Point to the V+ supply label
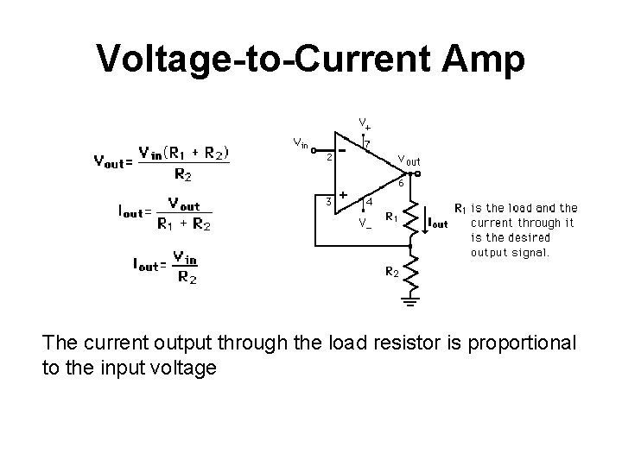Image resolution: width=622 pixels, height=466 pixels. click(365, 126)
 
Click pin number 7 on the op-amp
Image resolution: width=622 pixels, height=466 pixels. click(368, 142)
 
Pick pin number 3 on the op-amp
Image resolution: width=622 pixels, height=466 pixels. click(327, 201)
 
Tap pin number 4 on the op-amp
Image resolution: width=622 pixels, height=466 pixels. click(370, 202)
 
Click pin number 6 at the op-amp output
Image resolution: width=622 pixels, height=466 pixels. click(400, 182)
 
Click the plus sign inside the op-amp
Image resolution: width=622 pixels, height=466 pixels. click(343, 195)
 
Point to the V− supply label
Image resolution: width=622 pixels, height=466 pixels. click(365, 223)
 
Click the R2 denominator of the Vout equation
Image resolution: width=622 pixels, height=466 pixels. click(183, 174)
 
